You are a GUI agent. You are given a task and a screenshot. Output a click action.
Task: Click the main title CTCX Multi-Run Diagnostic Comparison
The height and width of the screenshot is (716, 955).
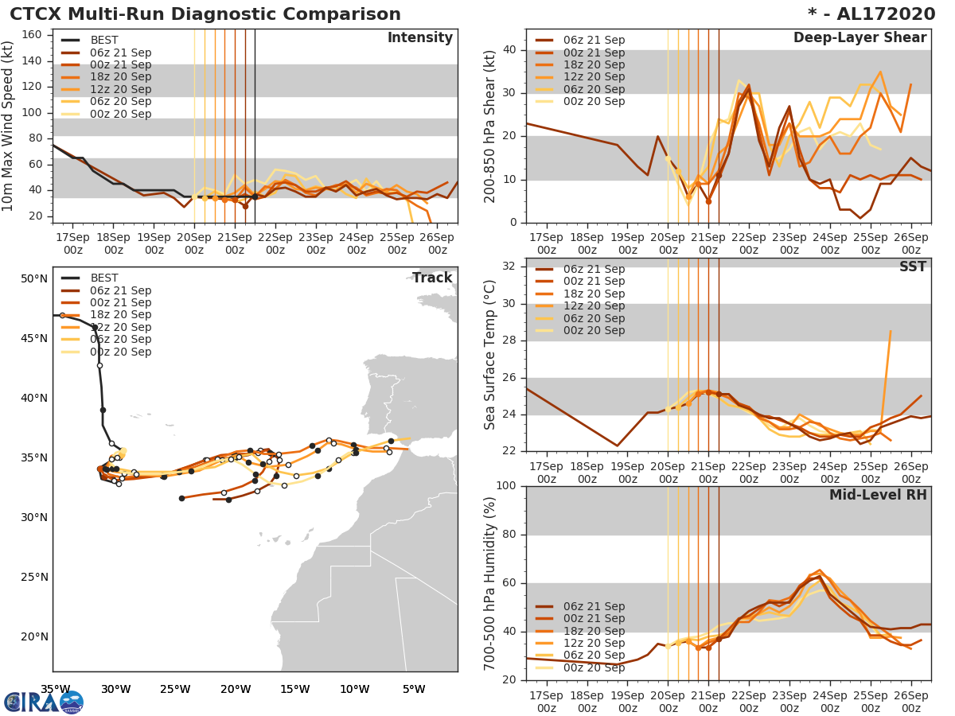coord(205,14)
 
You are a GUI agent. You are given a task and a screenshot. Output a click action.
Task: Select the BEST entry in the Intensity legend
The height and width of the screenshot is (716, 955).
coord(103,40)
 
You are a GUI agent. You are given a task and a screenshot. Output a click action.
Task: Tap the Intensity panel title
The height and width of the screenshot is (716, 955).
coord(419,38)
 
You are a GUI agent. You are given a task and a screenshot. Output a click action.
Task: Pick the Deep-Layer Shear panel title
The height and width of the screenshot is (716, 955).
coord(859,38)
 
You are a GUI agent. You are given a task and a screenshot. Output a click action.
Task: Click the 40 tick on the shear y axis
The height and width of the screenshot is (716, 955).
coord(510,50)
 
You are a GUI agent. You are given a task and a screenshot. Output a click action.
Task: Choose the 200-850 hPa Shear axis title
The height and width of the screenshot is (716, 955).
coord(491,126)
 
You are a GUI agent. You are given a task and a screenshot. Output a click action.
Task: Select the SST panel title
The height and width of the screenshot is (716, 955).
coord(913,267)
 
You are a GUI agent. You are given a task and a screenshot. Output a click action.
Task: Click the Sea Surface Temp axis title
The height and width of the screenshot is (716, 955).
coord(491,355)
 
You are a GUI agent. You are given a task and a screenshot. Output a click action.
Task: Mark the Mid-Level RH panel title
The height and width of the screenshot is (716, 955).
coord(878,495)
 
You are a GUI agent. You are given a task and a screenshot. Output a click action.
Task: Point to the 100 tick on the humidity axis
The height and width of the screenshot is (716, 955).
coord(507,486)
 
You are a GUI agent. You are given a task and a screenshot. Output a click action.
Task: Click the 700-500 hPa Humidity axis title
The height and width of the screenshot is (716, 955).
coord(491,582)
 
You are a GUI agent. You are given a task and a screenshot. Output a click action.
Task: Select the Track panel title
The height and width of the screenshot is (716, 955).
coord(432,278)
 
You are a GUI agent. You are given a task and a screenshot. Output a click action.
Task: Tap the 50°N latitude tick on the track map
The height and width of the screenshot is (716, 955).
coord(34,278)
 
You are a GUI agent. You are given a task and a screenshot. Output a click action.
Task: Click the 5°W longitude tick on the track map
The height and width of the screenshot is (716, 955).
coord(414,689)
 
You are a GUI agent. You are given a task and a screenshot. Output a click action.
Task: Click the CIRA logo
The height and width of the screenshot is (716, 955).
coord(43,702)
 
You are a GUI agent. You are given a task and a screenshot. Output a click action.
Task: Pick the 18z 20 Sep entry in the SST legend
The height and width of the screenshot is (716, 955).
coord(593,294)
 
